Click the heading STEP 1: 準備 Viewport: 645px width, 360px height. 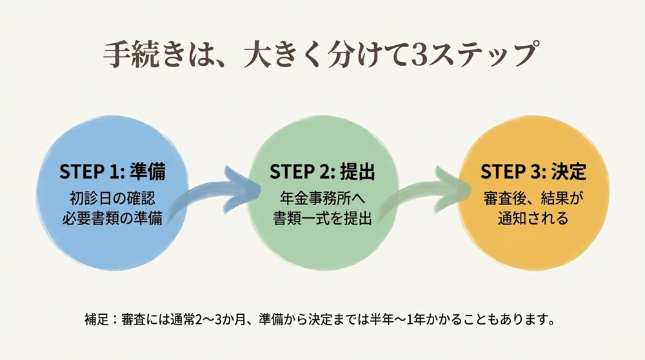pos(112,172)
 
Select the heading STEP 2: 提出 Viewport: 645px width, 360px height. pos(322,172)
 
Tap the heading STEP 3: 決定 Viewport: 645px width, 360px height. pos(533,172)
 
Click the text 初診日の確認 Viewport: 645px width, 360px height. pos(112,197)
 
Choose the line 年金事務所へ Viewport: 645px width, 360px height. pos(322,197)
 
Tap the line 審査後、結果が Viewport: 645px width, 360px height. pos(533,197)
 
